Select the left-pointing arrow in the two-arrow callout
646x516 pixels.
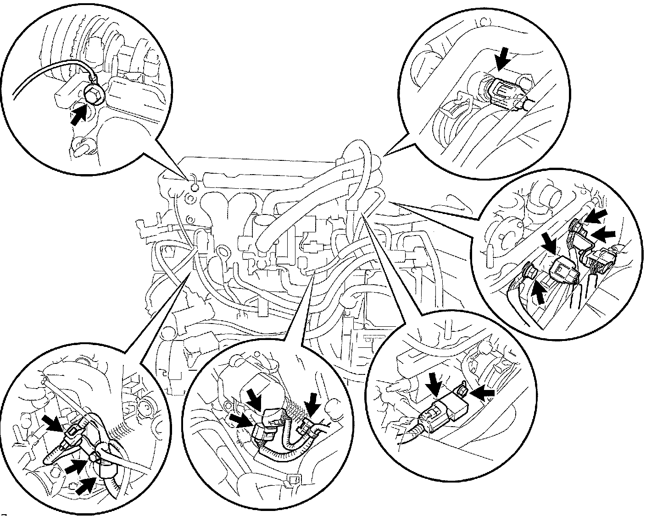click(x=483, y=393)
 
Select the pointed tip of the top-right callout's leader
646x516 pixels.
click(x=384, y=156)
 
